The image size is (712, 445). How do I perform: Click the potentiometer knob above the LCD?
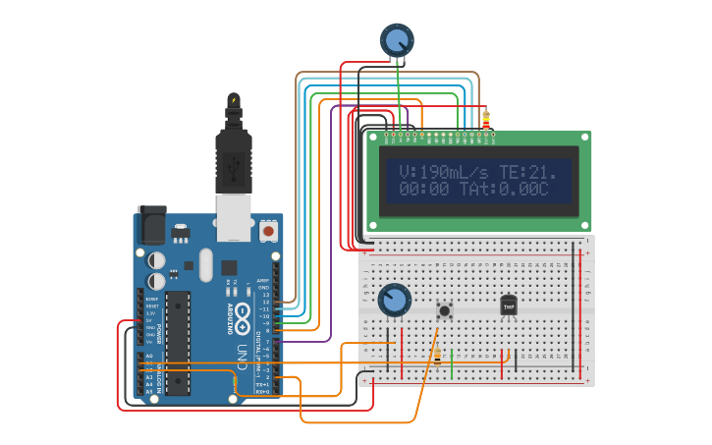[397, 40]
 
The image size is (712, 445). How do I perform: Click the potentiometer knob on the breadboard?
[394, 301]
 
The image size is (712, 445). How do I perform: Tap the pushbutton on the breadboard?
[445, 310]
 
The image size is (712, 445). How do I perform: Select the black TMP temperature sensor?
[508, 306]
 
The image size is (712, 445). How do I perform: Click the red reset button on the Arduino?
[268, 231]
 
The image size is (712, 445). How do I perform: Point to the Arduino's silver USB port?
[234, 217]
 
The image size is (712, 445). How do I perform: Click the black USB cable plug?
[234, 157]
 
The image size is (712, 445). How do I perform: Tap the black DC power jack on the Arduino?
[151, 225]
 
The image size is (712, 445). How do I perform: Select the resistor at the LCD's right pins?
[485, 120]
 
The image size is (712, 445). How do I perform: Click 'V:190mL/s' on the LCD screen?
[443, 173]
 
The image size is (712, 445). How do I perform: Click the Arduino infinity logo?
[243, 303]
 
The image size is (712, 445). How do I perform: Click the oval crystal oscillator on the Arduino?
[205, 264]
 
